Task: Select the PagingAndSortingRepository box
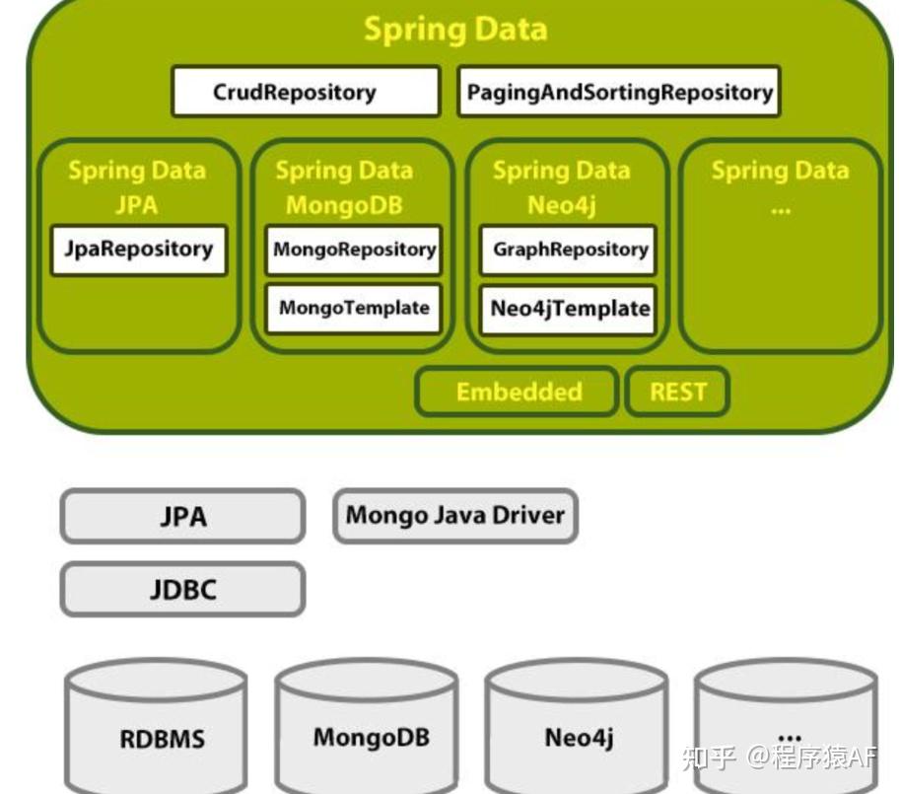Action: tap(619, 92)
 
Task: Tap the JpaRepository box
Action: tap(139, 249)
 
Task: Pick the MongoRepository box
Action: tap(354, 250)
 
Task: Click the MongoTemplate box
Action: tap(354, 308)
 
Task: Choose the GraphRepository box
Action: tap(570, 250)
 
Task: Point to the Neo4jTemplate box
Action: tap(570, 308)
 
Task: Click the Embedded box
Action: tap(518, 392)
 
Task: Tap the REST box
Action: tap(677, 392)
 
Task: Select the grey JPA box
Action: tap(183, 516)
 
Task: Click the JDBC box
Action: tap(183, 589)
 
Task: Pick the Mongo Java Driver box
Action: tap(454, 516)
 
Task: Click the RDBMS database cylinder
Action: tap(156, 735)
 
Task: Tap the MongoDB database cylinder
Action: tap(367, 735)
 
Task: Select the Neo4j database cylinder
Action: tap(578, 735)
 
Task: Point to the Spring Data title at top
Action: tap(455, 29)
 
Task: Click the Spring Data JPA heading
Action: tap(137, 187)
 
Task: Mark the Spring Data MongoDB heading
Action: tap(344, 187)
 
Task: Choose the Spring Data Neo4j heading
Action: tap(561, 187)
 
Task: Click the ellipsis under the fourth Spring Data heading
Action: tap(781, 208)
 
